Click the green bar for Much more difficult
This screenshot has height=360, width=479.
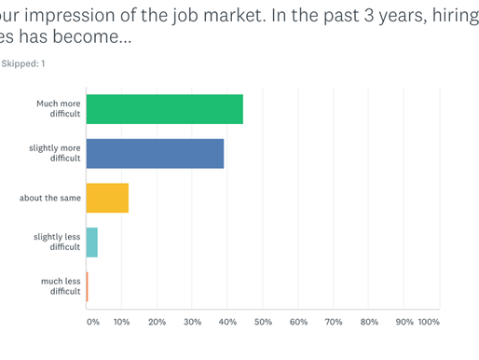(x=164, y=109)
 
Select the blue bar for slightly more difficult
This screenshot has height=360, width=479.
(x=155, y=153)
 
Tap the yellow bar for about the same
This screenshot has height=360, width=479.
(x=106, y=198)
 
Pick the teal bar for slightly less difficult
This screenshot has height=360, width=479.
(x=91, y=242)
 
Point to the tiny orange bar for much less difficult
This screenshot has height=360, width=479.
(x=87, y=286)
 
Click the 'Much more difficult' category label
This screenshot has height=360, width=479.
(x=60, y=109)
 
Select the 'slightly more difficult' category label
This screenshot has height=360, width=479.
(x=55, y=153)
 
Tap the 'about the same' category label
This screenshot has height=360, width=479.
(x=50, y=198)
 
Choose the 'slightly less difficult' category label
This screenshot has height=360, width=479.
(x=57, y=242)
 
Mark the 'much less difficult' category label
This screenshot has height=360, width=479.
(x=61, y=286)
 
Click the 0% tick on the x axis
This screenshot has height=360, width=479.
(x=92, y=322)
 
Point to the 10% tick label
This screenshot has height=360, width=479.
(x=121, y=322)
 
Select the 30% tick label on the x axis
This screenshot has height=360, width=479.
(x=192, y=322)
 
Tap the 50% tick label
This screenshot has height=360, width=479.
(x=263, y=322)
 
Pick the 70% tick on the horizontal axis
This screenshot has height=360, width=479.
(x=334, y=322)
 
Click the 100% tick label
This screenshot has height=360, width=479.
(x=429, y=322)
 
